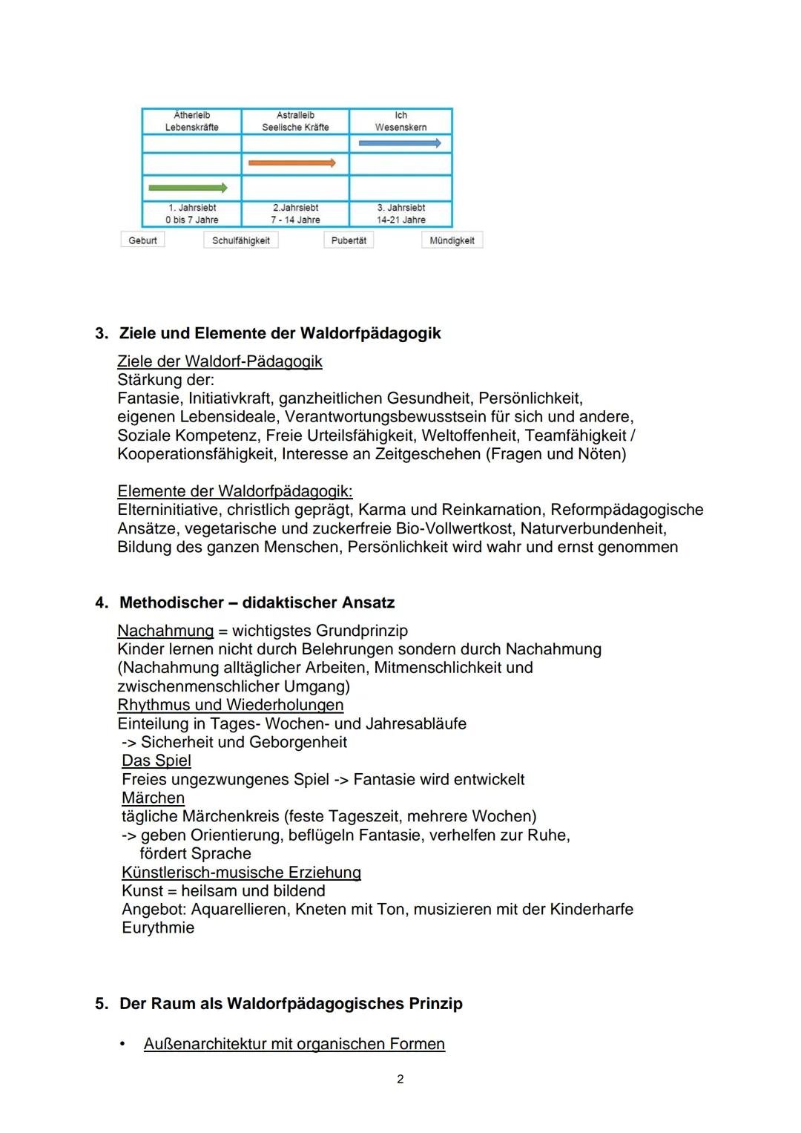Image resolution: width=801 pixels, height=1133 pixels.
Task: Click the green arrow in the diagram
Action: click(x=188, y=188)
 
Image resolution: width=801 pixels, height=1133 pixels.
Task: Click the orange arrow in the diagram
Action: click(x=291, y=162)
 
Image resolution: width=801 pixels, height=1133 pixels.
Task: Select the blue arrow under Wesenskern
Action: click(x=400, y=143)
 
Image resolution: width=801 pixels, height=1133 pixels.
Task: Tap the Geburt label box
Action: click(x=142, y=240)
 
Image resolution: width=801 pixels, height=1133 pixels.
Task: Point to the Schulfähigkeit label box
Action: click(x=241, y=240)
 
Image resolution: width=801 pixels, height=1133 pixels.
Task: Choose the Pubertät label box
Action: click(x=349, y=240)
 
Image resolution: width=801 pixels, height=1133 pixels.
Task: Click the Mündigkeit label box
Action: click(x=452, y=240)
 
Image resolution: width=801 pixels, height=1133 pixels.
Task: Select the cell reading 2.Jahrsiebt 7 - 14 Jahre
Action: click(x=295, y=214)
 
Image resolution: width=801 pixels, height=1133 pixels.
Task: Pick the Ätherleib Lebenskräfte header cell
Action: click(x=191, y=121)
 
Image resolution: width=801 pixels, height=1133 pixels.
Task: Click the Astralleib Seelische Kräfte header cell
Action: click(x=295, y=121)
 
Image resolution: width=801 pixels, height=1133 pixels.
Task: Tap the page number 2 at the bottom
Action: click(x=400, y=1079)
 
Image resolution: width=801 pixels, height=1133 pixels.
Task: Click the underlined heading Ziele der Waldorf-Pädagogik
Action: click(x=220, y=361)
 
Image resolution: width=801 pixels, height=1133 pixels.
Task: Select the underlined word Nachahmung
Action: click(x=165, y=631)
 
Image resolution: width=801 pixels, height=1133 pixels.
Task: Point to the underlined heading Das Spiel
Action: click(x=156, y=761)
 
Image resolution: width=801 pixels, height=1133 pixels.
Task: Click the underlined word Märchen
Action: click(x=153, y=798)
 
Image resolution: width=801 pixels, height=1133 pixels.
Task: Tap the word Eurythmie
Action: click(x=158, y=927)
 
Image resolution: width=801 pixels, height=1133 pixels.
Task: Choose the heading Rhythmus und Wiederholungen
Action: click(x=231, y=705)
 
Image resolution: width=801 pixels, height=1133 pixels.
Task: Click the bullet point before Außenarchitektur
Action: click(x=122, y=1044)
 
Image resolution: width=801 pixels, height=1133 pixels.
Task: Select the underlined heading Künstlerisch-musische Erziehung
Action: click(x=241, y=873)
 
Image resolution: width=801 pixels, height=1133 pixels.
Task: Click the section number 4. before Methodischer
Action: click(x=102, y=602)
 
